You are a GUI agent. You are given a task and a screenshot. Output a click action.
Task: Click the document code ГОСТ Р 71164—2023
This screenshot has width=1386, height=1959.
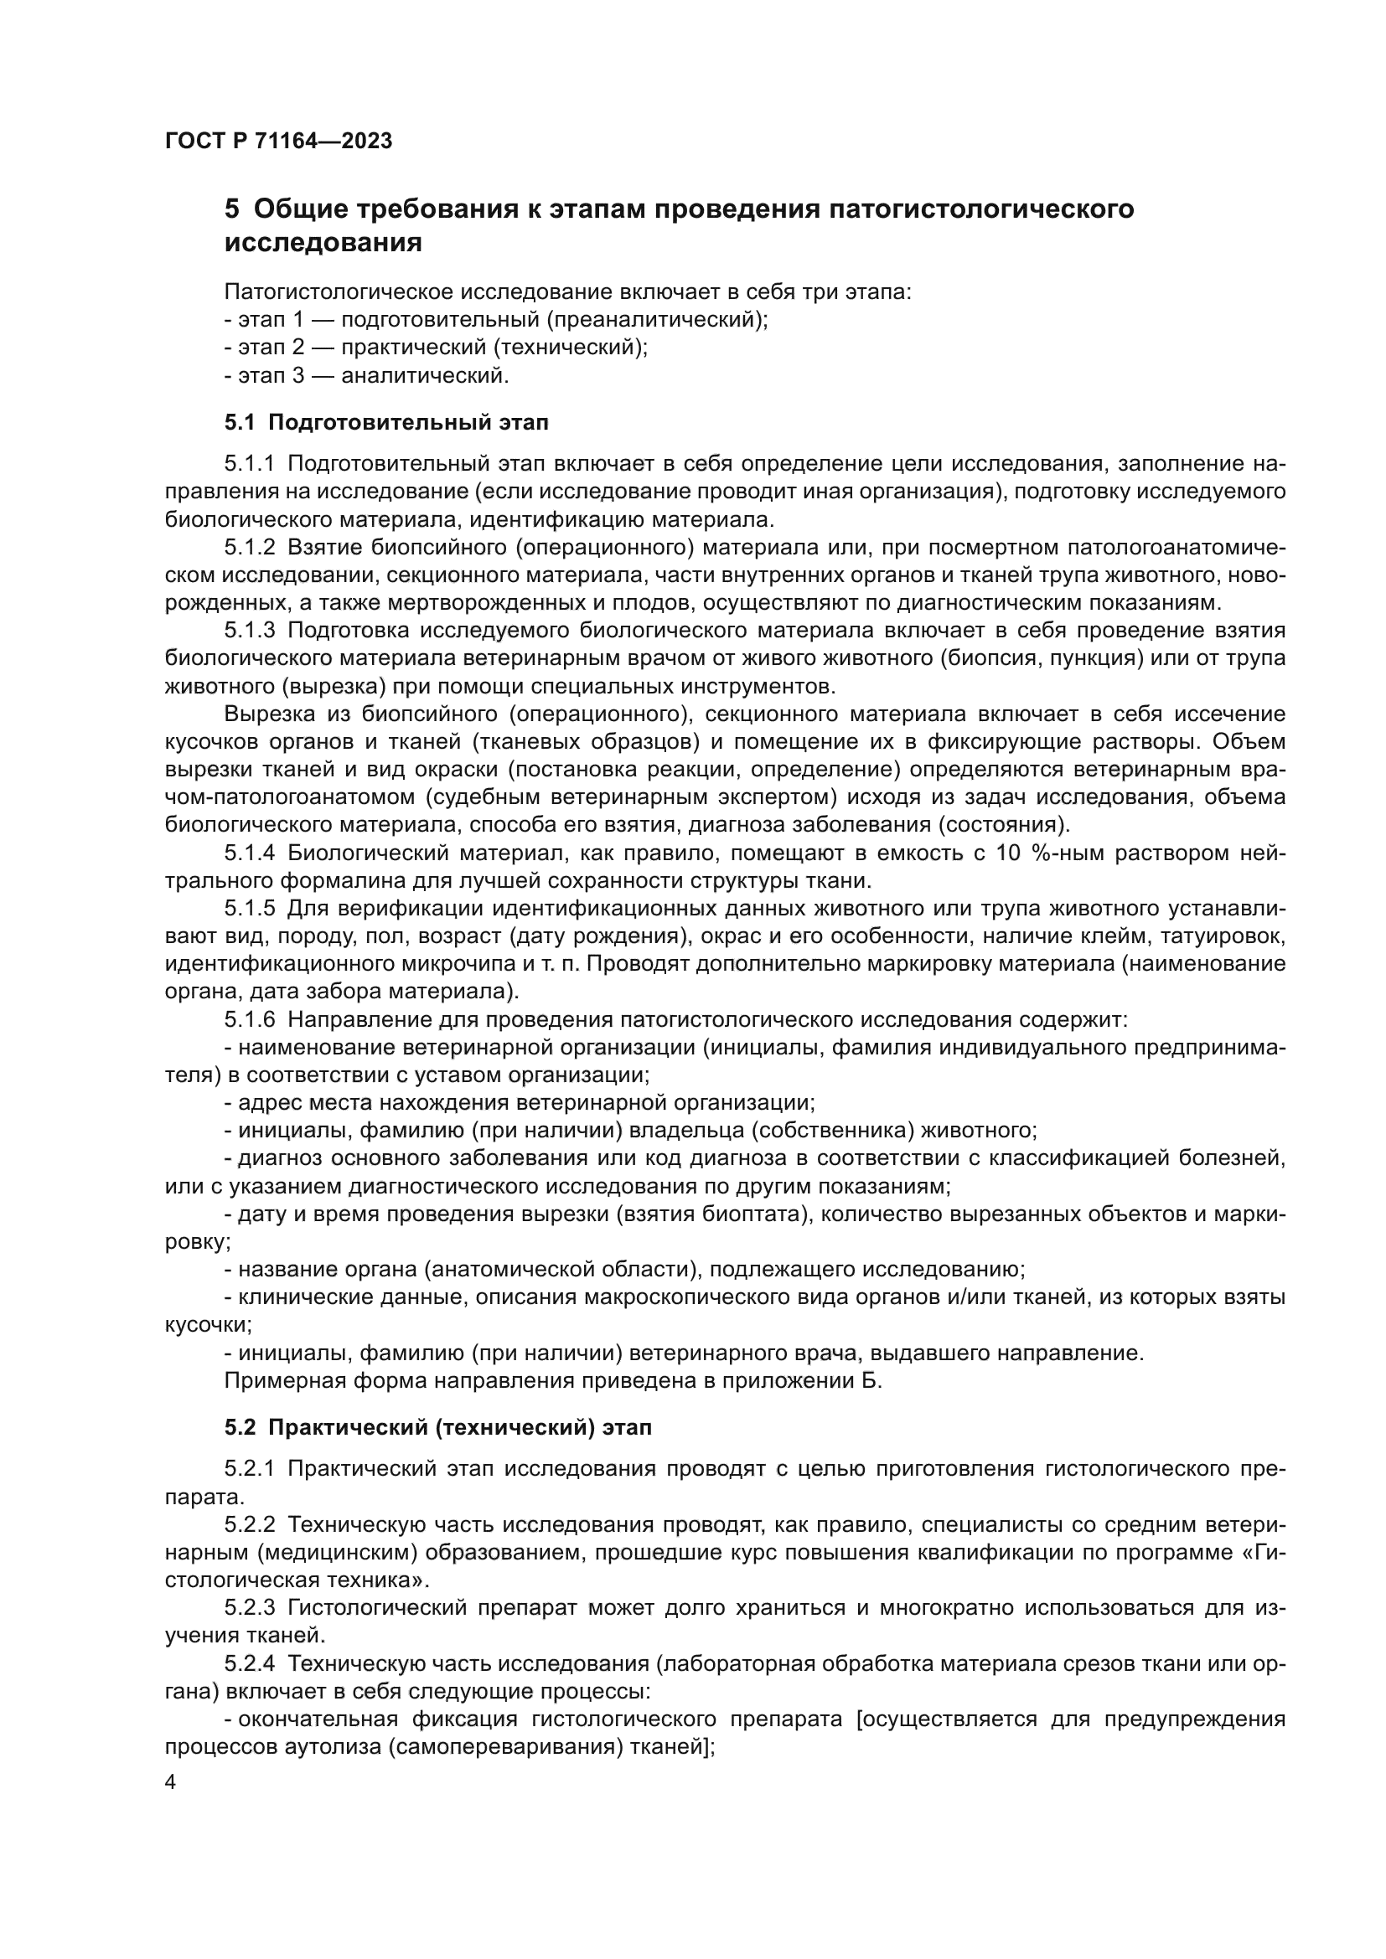278,142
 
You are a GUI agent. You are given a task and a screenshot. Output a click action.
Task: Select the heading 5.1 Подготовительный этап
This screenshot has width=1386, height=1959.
386,422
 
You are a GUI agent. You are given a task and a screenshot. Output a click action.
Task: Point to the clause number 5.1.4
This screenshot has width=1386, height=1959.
250,853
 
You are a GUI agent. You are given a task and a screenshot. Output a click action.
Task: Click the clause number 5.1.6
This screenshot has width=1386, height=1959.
250,1019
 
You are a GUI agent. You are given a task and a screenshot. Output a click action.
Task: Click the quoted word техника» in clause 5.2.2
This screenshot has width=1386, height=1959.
380,1580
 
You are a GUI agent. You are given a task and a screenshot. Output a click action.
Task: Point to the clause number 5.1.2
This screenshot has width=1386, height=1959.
250,548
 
